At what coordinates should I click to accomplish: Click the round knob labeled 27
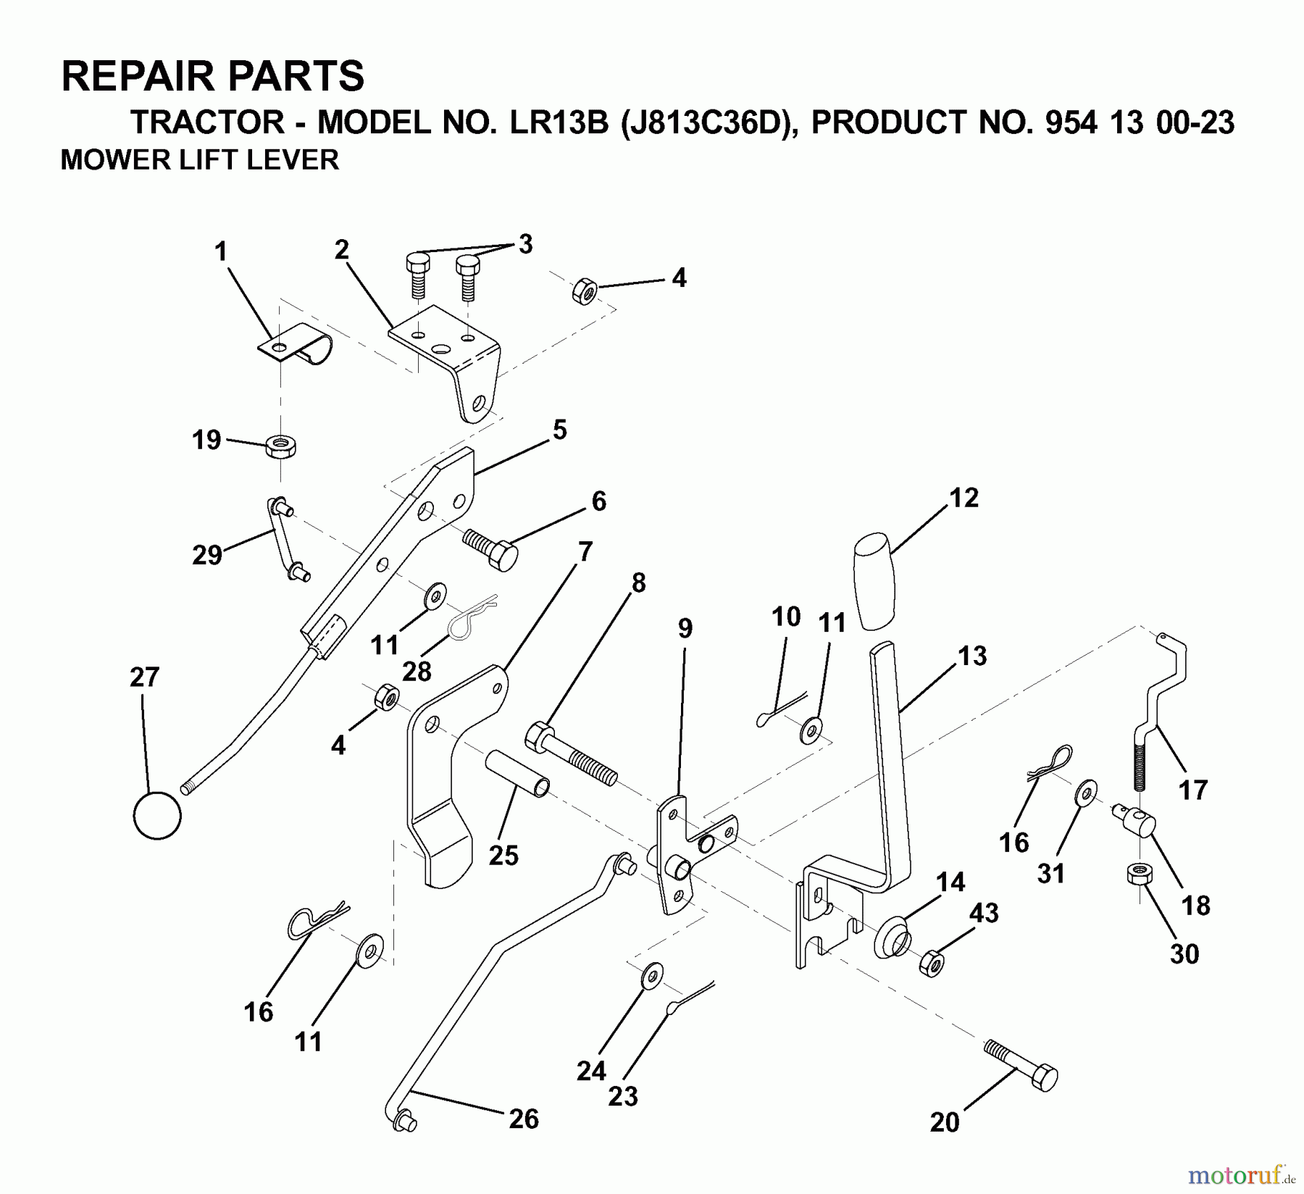(157, 816)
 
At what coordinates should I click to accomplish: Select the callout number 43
(985, 914)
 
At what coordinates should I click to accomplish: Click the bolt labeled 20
(1022, 1069)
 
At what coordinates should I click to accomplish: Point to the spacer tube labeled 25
(517, 774)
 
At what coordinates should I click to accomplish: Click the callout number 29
(207, 555)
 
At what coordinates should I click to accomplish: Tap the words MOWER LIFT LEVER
(200, 159)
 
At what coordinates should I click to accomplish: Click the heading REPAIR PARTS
(213, 76)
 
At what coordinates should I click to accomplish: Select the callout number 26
(524, 1119)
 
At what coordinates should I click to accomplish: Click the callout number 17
(1193, 789)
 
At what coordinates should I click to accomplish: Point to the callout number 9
(685, 628)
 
